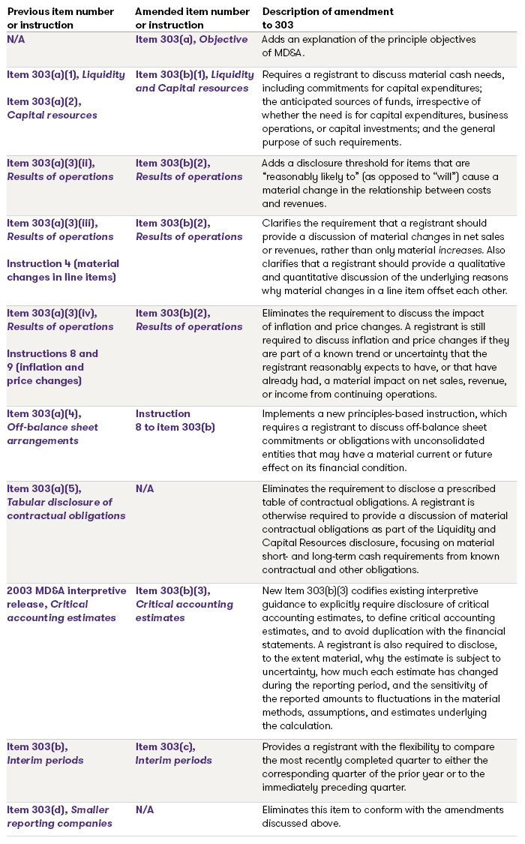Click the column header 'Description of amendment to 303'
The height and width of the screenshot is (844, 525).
click(328, 18)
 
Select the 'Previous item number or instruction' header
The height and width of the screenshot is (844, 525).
click(61, 18)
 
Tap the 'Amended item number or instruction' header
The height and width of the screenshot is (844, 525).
click(193, 18)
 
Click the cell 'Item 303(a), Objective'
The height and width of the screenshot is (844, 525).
click(191, 40)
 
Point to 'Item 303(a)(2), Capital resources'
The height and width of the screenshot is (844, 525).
click(52, 108)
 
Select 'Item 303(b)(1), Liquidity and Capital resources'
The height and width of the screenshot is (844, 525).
click(192, 81)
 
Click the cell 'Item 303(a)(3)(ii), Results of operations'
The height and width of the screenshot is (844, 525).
click(60, 170)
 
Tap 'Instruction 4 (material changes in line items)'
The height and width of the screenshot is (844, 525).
click(63, 271)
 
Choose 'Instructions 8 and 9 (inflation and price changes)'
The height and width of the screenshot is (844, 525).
click(52, 367)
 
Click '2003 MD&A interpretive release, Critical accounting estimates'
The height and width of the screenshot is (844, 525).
click(67, 604)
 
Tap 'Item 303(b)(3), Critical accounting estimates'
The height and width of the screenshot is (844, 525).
click(184, 604)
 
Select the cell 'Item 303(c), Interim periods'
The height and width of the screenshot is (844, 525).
click(174, 753)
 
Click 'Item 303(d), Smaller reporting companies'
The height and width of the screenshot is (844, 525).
click(59, 816)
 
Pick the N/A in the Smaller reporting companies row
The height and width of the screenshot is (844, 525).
click(145, 809)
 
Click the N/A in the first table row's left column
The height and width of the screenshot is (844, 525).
click(16, 40)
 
